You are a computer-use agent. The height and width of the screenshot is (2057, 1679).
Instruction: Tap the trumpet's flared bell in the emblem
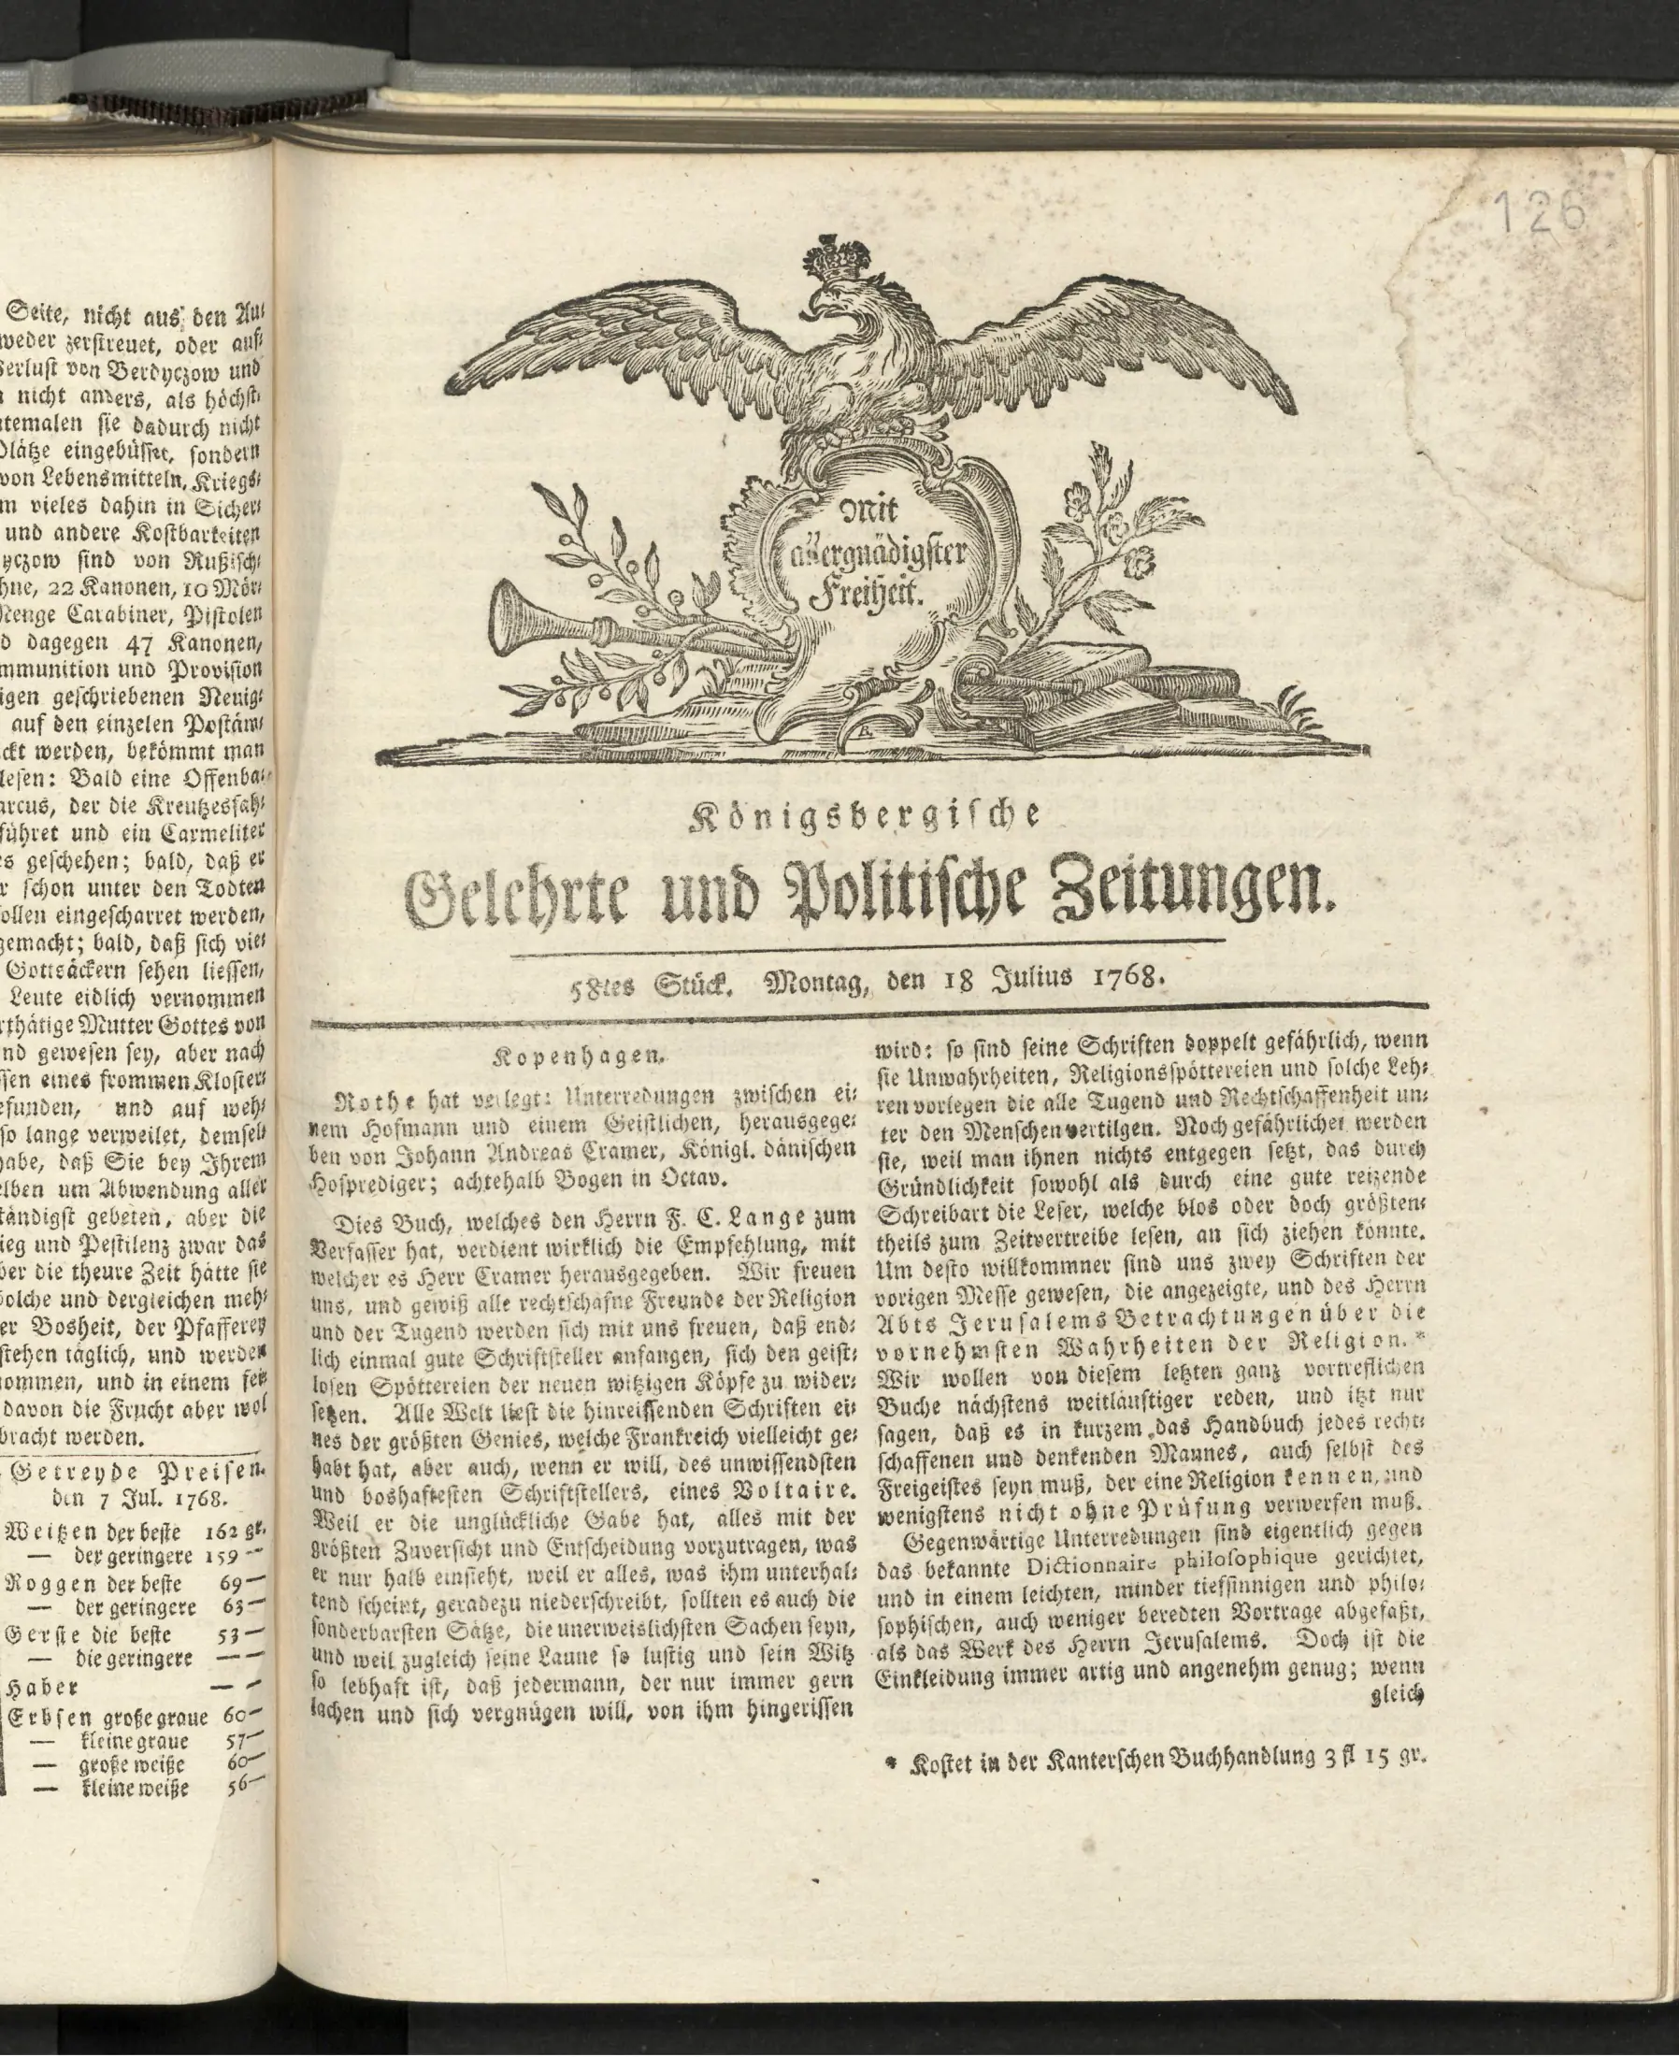pos(511,620)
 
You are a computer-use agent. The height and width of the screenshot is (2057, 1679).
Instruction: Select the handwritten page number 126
pos(1540,210)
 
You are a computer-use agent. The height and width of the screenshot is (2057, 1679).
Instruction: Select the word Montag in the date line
pos(818,984)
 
